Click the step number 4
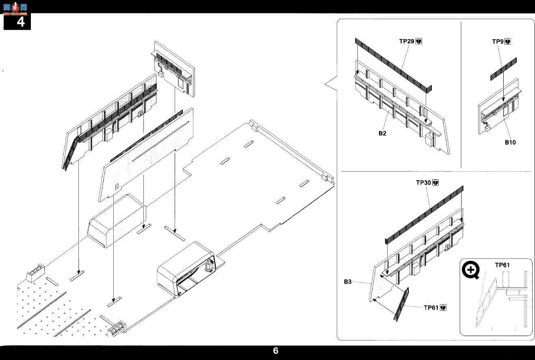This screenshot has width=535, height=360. click(x=21, y=22)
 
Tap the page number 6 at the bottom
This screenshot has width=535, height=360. click(x=275, y=351)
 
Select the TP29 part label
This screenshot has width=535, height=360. click(x=407, y=41)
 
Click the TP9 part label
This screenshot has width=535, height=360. click(x=498, y=41)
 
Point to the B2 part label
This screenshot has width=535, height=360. click(x=382, y=133)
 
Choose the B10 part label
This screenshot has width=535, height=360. click(x=510, y=142)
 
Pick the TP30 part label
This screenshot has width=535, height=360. click(x=423, y=183)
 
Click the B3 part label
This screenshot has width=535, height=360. click(x=348, y=282)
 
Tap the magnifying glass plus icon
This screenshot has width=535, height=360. click(x=470, y=270)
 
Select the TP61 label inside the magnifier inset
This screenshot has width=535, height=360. click(x=502, y=265)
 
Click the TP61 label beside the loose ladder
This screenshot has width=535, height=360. click(x=431, y=308)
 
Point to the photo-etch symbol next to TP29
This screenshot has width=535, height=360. click(x=419, y=41)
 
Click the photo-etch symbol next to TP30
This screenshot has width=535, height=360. click(x=435, y=183)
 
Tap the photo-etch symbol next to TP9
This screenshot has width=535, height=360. click(x=508, y=42)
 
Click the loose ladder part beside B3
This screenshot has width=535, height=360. click(x=401, y=304)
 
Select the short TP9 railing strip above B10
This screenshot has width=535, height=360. click(x=503, y=69)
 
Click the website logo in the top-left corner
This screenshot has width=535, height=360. click(x=15, y=8)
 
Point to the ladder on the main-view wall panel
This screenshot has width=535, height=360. click(x=70, y=153)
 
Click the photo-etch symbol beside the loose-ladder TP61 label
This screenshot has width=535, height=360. click(x=443, y=308)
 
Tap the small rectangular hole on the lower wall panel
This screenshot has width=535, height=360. click(x=117, y=187)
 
